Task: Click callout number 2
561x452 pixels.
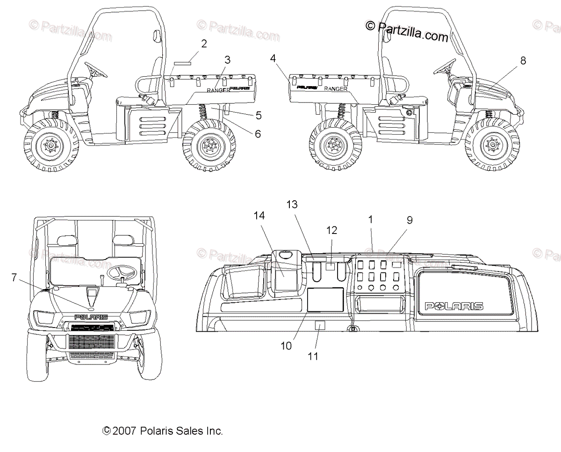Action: tap(203, 44)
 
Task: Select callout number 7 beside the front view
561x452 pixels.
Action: tap(14, 278)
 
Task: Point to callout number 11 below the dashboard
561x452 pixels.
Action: tap(313, 356)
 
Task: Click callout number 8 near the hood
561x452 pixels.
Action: tap(523, 60)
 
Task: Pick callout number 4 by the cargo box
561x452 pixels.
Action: tap(273, 58)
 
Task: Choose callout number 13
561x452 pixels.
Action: tap(292, 204)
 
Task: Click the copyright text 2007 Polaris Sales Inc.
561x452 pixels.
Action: tap(163, 430)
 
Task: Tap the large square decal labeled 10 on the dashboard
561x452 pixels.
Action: tap(325, 299)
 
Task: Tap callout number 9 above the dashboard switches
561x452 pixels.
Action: tap(409, 220)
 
